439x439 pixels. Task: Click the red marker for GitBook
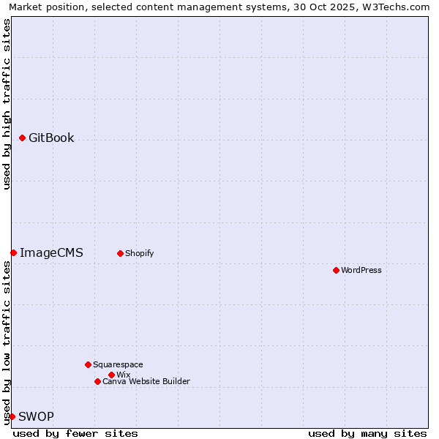22,138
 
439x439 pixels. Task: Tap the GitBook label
51,138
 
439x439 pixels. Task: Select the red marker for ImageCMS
13,252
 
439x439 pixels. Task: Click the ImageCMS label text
51,252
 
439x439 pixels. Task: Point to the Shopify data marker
120,253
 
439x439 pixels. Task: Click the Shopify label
139,253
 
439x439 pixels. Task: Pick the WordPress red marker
336,270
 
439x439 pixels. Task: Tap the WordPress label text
361,270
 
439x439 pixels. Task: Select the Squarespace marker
88,364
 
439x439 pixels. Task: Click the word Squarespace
118,364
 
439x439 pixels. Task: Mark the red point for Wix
111,375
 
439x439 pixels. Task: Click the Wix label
123,375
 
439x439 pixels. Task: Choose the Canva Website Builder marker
97,381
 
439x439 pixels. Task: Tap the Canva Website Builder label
146,381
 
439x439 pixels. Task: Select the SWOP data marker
12,416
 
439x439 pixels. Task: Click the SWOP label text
36,416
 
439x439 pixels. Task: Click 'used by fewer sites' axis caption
75,433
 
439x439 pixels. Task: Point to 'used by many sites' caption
367,433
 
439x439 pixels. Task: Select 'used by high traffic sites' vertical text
7,104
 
